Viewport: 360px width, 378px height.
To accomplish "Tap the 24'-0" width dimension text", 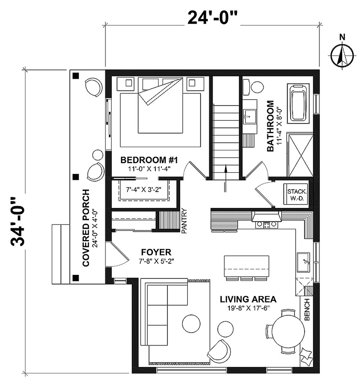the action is coord(212,18).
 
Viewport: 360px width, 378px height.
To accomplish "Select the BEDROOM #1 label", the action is coord(149,160).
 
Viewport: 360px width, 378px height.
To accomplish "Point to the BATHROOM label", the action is coord(271,126).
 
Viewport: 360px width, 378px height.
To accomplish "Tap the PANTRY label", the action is coord(184,221).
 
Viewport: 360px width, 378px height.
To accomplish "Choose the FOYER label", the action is coord(156,252).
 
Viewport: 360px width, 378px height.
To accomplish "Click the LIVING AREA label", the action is coord(248,299).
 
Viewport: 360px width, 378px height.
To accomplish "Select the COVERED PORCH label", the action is coord(86,228).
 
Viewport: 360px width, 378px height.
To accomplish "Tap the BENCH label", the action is coord(307,309).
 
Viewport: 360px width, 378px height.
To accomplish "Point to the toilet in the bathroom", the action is coord(252,87).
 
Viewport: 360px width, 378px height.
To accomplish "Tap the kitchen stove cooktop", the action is coord(266,225).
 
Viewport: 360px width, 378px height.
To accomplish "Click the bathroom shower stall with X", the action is coord(300,155).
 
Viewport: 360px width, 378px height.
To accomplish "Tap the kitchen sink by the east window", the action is coord(304,262).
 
